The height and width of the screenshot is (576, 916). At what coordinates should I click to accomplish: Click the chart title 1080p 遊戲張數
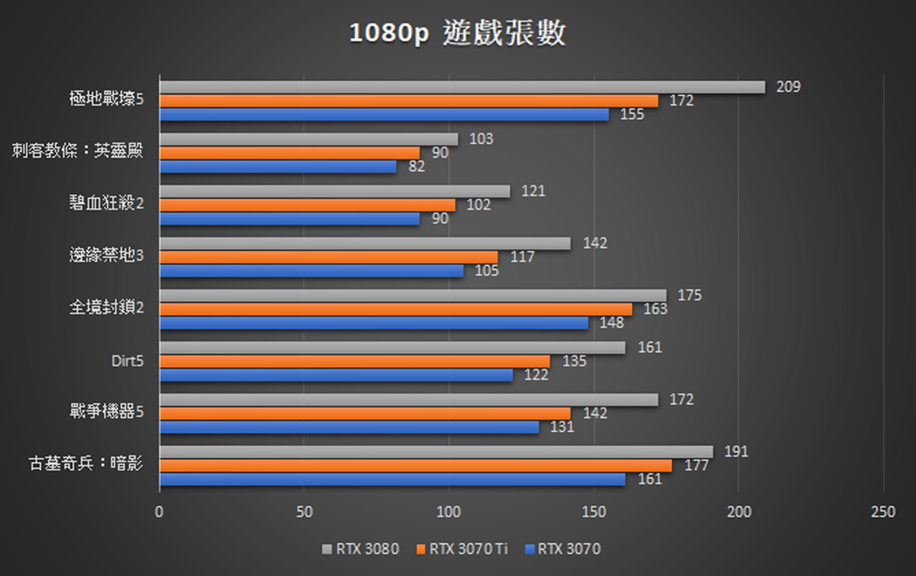[x=457, y=34]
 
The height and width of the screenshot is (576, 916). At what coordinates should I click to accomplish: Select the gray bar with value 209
[x=462, y=87]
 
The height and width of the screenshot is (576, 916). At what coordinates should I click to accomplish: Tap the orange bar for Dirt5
[x=354, y=361]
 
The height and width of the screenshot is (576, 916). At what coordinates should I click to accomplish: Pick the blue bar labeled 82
[x=278, y=167]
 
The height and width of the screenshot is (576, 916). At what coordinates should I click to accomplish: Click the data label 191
[x=736, y=451]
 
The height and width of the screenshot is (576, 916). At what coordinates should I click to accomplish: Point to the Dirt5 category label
[x=127, y=361]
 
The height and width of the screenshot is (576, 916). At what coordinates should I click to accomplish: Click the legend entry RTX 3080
[x=361, y=550]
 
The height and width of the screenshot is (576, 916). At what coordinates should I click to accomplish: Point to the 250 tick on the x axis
[x=883, y=512]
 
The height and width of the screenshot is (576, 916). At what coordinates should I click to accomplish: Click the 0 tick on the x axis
[x=160, y=512]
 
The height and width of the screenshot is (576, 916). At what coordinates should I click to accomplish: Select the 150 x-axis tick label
[x=594, y=512]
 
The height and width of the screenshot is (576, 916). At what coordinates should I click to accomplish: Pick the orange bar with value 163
[x=395, y=309]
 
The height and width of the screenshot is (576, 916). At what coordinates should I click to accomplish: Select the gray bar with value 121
[x=334, y=192]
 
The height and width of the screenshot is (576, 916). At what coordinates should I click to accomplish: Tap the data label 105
[x=487, y=270]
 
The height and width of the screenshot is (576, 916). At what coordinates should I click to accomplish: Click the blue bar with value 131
[x=349, y=427]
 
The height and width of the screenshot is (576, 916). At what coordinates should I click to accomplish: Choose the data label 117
[x=522, y=257]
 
